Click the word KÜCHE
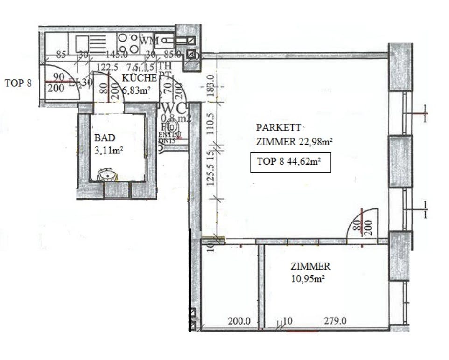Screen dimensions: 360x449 [139, 78]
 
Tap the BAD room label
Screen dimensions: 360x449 [104, 138]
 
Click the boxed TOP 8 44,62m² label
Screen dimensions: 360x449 [290, 162]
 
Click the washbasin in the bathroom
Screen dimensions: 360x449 [108, 175]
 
